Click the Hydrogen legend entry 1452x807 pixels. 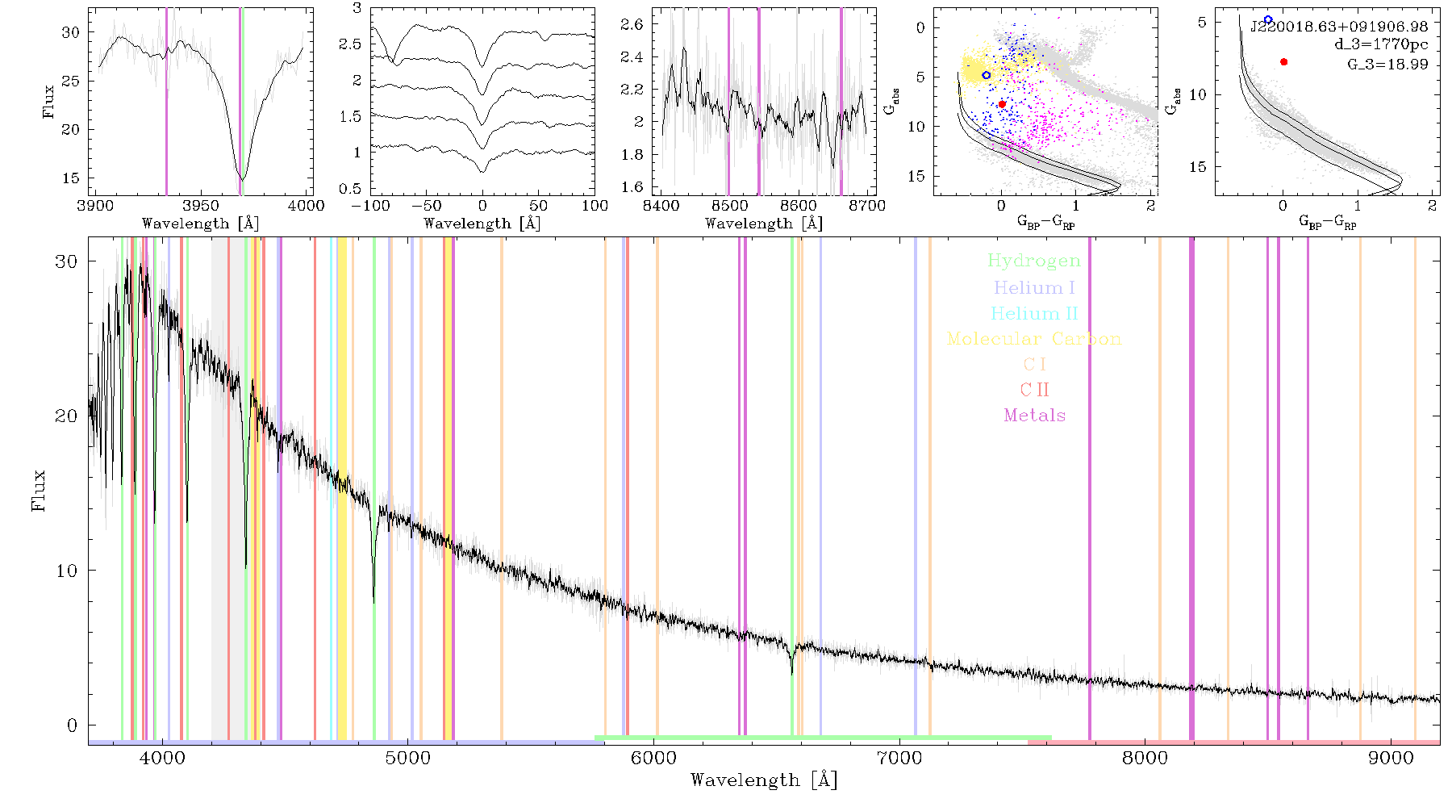pyautogui.click(x=1033, y=261)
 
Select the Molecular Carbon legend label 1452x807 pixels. pyautogui.click(x=1034, y=338)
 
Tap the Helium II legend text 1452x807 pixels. pyautogui.click(x=1034, y=313)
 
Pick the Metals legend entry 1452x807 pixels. pyautogui.click(x=1035, y=415)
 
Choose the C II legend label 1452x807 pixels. pyautogui.click(x=1035, y=390)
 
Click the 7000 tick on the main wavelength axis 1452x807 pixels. pyautogui.click(x=899, y=759)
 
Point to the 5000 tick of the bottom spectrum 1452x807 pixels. pyautogui.click(x=408, y=759)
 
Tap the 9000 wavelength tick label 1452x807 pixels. pyautogui.click(x=1391, y=759)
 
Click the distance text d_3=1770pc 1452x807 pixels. pyautogui.click(x=1381, y=45)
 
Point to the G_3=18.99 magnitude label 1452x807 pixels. pyautogui.click(x=1387, y=65)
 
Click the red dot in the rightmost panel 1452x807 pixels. pyautogui.click(x=1283, y=62)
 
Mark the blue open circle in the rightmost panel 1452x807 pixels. pyautogui.click(x=1268, y=19)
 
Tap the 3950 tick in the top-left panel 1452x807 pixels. pyautogui.click(x=201, y=206)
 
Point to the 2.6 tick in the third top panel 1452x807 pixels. pyautogui.click(x=632, y=24)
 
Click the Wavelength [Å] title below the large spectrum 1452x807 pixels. pyautogui.click(x=764, y=780)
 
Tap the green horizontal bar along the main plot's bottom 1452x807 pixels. pyautogui.click(x=823, y=738)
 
